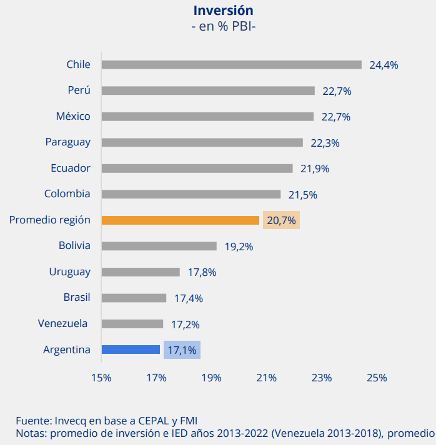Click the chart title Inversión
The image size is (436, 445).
(x=223, y=11)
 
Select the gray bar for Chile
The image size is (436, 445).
(x=231, y=65)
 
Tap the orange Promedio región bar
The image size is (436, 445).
(x=180, y=220)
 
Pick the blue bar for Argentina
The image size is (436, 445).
(x=131, y=350)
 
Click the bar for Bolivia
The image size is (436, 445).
(x=159, y=246)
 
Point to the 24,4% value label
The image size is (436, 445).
(x=384, y=65)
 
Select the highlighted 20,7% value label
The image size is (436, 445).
(x=281, y=220)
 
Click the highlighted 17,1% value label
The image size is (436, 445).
(x=182, y=350)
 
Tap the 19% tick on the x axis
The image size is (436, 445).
(x=211, y=378)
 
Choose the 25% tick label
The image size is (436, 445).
(x=377, y=378)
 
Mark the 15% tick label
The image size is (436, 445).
(x=101, y=378)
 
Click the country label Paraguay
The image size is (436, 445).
(x=67, y=142)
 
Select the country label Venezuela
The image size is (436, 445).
(x=64, y=323)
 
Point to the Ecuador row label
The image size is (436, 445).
(x=71, y=168)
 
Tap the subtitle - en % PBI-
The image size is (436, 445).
(x=223, y=27)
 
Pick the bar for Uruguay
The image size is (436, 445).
(x=141, y=272)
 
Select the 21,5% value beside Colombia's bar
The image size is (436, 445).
(x=302, y=195)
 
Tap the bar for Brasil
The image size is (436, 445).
(x=134, y=298)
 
